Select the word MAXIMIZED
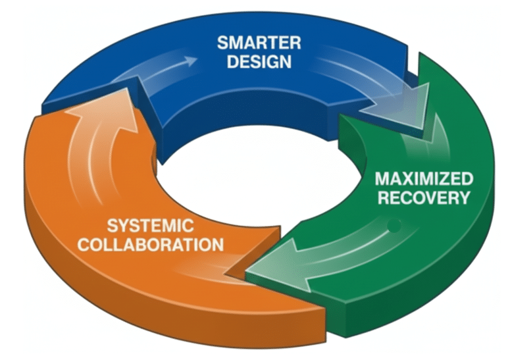pyautogui.click(x=424, y=178)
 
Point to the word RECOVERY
pyautogui.click(x=424, y=197)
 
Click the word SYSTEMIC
pyautogui.click(x=149, y=226)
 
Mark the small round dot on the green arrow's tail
pyautogui.click(x=394, y=228)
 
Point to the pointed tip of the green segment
pyautogui.click(x=246, y=273)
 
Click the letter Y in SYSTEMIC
pyautogui.click(x=122, y=226)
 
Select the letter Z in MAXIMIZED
pyautogui.click(x=449, y=178)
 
